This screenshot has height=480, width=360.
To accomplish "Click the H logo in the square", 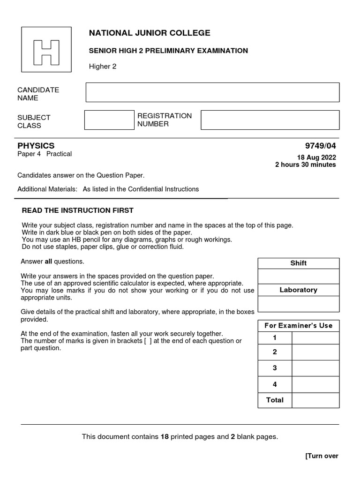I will tap(46, 52).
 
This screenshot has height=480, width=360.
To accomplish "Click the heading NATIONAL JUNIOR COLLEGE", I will tap(150, 33).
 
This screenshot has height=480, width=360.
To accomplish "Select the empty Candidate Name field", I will tap(212, 92).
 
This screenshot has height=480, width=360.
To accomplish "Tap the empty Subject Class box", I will tap(109, 120).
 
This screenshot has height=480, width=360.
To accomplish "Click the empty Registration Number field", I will tap(270, 120).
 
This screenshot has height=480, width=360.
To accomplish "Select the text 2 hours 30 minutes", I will tap(305, 165).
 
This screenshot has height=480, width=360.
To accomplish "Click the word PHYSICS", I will tap(36, 146).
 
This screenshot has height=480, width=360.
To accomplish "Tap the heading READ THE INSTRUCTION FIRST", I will tap(78, 210).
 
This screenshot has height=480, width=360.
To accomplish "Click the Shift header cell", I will tap(298, 263).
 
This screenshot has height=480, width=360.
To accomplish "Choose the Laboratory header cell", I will tap(298, 290).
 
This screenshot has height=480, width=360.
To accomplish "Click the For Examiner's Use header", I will tap(298, 325).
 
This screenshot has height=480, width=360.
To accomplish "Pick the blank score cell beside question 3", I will tap(315, 368).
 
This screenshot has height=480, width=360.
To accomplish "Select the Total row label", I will tap(275, 400).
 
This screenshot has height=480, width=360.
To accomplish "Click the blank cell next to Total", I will tap(315, 400).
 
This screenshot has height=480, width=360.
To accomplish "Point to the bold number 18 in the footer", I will tap(165, 437).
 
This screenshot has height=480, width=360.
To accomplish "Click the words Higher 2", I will tap(103, 67).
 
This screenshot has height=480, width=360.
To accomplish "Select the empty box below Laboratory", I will tap(298, 304).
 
